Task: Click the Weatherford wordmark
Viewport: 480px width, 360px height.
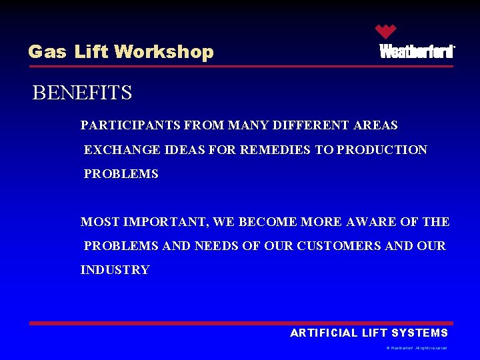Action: pyautogui.click(x=417, y=52)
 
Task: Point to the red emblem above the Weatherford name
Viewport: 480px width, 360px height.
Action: pyautogui.click(x=385, y=31)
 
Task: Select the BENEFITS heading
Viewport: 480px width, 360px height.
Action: pyautogui.click(x=82, y=93)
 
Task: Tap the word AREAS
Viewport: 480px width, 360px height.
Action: pyautogui.click(x=375, y=125)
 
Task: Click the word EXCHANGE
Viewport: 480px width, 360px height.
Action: pyautogui.click(x=117, y=150)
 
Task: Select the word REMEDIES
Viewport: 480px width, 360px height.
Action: pyautogui.click(x=275, y=150)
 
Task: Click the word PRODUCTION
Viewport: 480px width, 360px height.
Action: pyautogui.click(x=382, y=150)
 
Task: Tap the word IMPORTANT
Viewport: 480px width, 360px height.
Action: pyautogui.click(x=155, y=222)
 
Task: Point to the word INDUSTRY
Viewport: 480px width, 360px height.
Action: pyautogui.click(x=115, y=270)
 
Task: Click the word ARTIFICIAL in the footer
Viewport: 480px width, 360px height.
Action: pyautogui.click(x=322, y=333)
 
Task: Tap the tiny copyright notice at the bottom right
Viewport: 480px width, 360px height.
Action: pyautogui.click(x=416, y=348)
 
